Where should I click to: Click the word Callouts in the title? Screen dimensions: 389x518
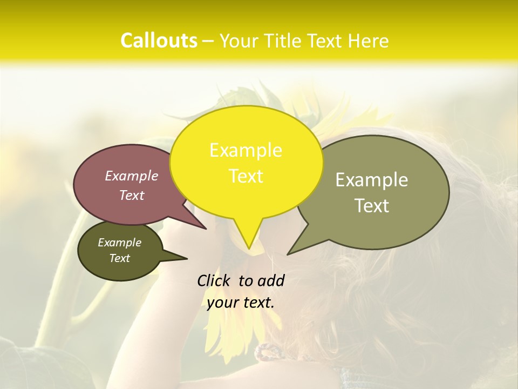coord(159,41)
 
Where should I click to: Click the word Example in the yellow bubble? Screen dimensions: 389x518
coord(246,150)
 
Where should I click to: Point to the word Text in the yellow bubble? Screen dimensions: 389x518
coord(246,176)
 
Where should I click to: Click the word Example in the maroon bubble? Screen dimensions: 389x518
coord(132,176)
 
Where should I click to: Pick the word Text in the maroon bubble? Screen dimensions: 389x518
coord(132,195)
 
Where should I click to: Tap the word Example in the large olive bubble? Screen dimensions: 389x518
coord(372,180)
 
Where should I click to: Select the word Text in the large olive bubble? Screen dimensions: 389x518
coord(372,205)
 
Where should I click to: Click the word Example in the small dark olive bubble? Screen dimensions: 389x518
coord(119,243)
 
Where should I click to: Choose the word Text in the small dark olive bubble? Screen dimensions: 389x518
coord(119,258)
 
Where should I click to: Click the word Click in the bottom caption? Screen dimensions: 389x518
coord(215,280)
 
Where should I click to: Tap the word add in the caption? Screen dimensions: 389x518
coord(271,280)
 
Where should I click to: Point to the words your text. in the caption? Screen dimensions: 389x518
coord(241,303)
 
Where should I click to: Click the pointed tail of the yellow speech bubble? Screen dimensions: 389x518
coord(248,246)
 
